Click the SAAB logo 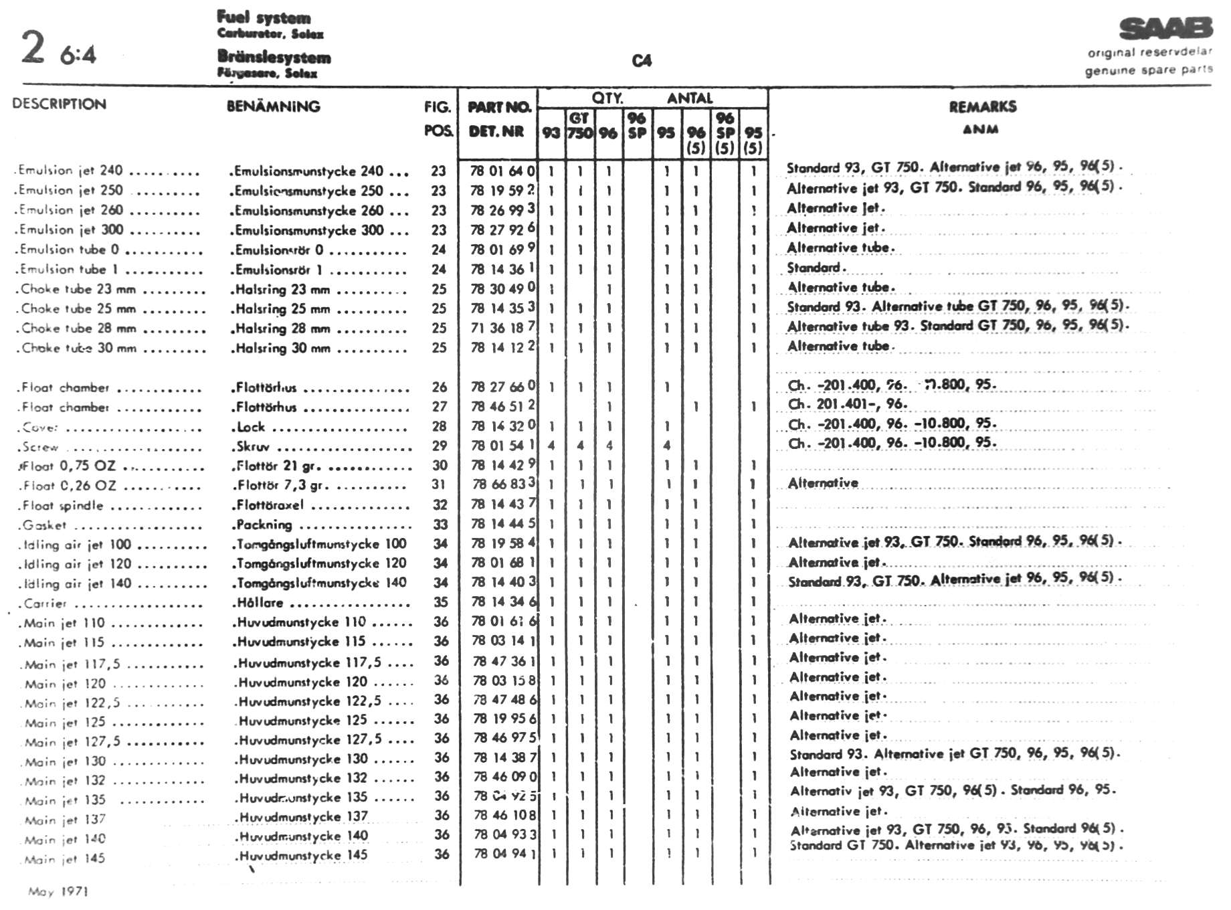pos(1165,29)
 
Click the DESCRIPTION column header pos(59,104)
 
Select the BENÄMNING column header pos(273,106)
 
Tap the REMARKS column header pos(982,107)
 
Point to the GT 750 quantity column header pos(579,126)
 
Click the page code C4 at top pos(641,61)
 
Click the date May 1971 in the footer pos(58,891)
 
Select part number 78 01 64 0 pos(502,171)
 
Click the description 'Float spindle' pos(62,506)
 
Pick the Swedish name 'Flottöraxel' pos(270,505)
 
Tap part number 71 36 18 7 pos(502,328)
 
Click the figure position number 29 pos(439,446)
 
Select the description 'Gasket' pos(44,525)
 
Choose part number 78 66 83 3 pos(504,484)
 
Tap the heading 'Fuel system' pos(264,18)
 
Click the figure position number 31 pos(439,484)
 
